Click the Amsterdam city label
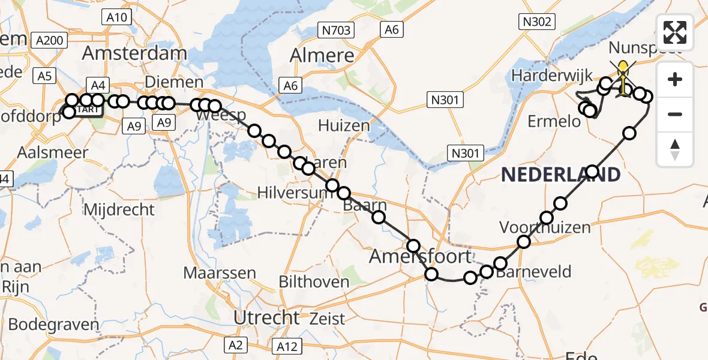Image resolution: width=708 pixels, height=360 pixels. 134,53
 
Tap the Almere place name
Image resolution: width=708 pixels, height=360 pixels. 322,56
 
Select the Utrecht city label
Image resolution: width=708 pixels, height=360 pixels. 266,317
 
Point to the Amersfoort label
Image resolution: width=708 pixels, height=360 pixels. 420,257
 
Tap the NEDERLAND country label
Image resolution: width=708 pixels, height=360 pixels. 560,175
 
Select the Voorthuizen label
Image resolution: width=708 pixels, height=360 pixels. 545,228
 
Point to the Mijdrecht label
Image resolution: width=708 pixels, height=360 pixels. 119,210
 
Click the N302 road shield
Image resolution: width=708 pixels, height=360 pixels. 535,22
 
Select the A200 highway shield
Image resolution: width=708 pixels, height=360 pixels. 50,40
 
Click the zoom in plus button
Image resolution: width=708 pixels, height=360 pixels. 675,79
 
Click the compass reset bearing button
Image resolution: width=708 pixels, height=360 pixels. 675,149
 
